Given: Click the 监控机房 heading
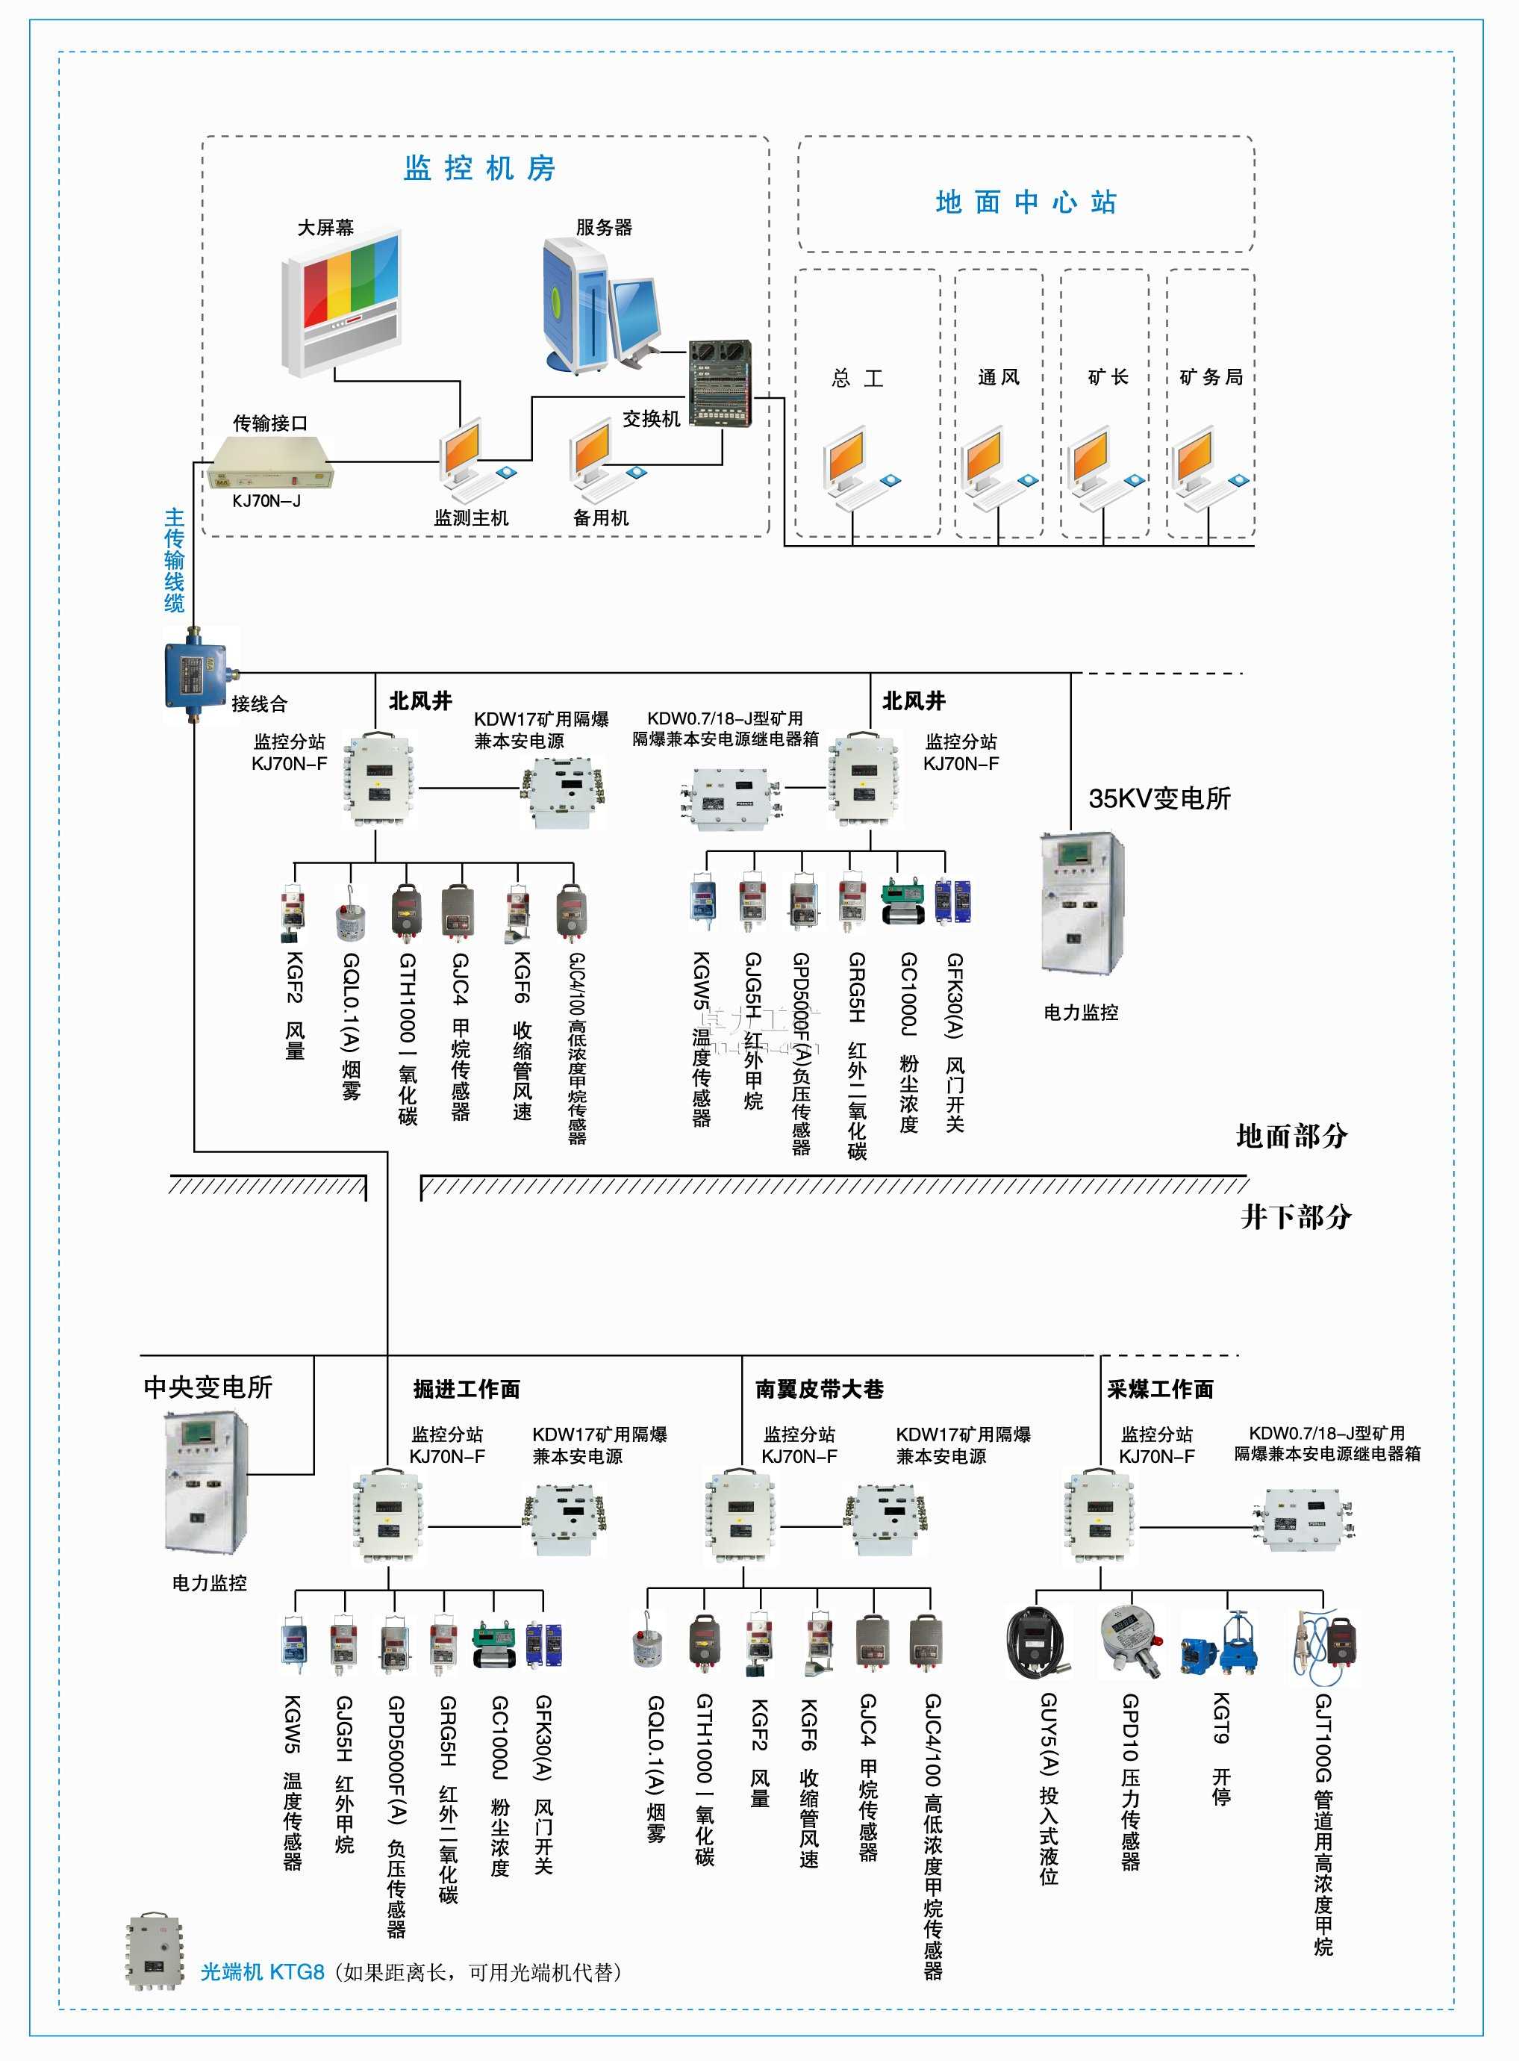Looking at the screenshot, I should pyautogui.click(x=479, y=168).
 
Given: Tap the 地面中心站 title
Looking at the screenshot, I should pyautogui.click(x=1026, y=202).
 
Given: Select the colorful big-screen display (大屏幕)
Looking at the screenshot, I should pyautogui.click(x=341, y=303).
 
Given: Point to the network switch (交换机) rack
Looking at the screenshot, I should pyautogui.click(x=721, y=382).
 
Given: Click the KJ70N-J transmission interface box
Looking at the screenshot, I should pyautogui.click(x=269, y=464).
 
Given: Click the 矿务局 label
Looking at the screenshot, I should pyautogui.click(x=1210, y=377).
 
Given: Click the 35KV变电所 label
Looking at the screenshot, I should pyautogui.click(x=1158, y=798).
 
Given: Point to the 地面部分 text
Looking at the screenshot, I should pyautogui.click(x=1291, y=1137).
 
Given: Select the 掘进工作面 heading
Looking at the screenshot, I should pyautogui.click(x=467, y=1390).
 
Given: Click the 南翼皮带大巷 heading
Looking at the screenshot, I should pyautogui.click(x=820, y=1390).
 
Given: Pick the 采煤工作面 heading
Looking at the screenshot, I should pyautogui.click(x=1161, y=1390).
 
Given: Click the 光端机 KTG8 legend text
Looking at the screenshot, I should pyautogui.click(x=263, y=1972).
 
